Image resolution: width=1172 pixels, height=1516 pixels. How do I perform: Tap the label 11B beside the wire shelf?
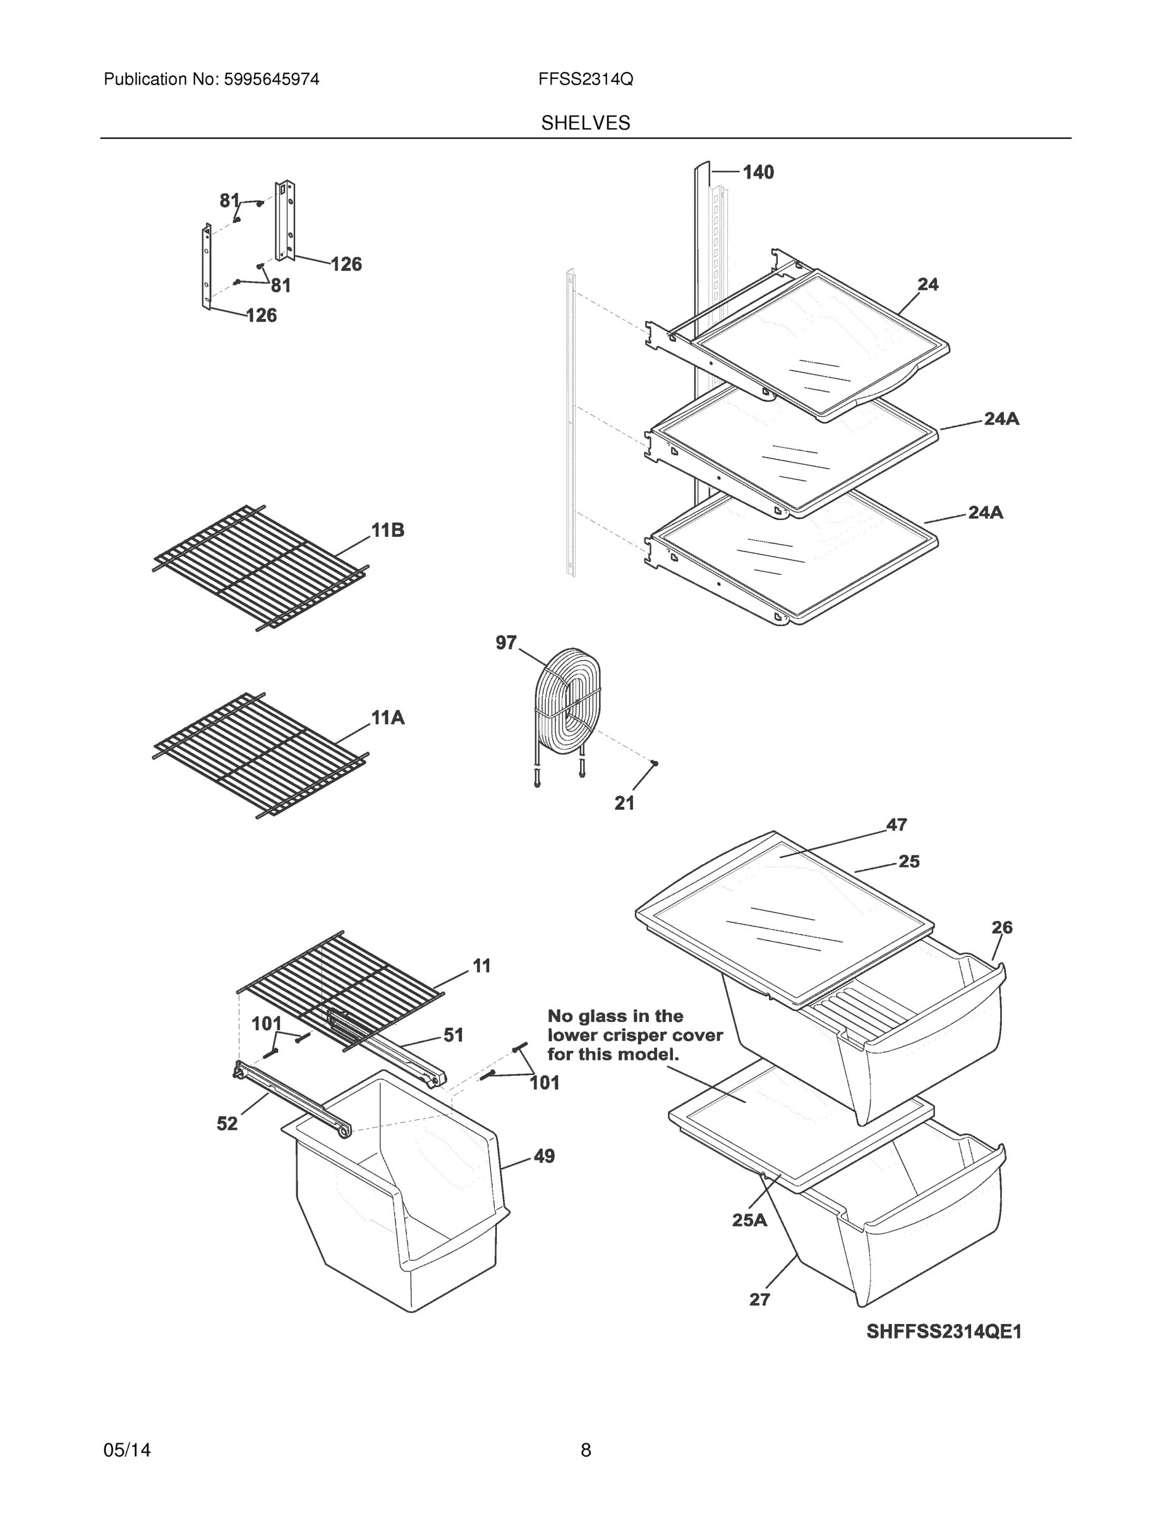(x=387, y=531)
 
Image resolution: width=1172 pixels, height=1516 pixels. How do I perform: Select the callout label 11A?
(x=387, y=717)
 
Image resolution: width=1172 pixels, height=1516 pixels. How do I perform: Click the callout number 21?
(x=624, y=803)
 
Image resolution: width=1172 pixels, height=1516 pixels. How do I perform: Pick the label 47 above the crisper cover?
(x=897, y=824)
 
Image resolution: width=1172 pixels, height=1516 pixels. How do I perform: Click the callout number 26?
(x=1002, y=927)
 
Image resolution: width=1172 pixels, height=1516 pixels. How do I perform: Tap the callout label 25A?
(x=749, y=1220)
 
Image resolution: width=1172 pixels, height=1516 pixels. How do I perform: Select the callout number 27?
(x=759, y=1299)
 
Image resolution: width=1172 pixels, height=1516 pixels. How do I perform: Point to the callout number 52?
(x=227, y=1124)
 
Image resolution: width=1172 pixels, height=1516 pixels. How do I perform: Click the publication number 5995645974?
(x=271, y=79)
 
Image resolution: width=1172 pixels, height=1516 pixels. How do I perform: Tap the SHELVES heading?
(x=585, y=123)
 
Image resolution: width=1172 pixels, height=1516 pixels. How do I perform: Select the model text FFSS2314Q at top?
(x=585, y=79)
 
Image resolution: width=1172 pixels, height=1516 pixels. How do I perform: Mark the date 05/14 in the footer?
(x=127, y=1450)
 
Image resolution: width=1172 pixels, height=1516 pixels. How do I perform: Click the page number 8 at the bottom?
(x=585, y=1450)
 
